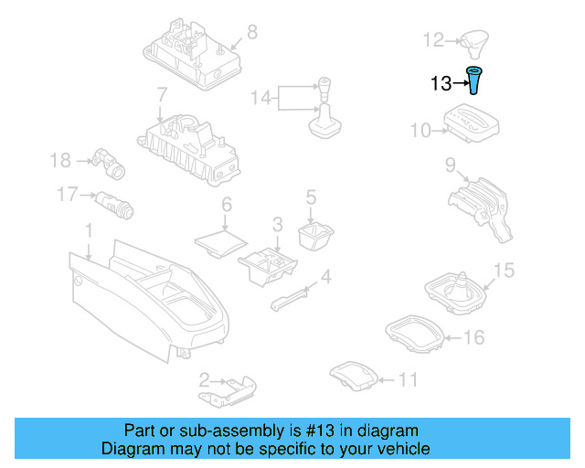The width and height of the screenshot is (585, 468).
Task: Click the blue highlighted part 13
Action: tap(473, 80)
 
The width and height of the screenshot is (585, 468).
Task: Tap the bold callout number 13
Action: tap(441, 83)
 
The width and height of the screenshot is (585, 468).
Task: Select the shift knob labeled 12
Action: tap(474, 44)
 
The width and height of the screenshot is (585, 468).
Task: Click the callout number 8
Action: tap(252, 32)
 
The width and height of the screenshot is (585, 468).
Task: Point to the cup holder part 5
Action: tap(316, 236)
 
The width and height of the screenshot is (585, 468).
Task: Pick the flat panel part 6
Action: tap(221, 243)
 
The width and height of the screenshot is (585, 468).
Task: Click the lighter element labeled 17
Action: tap(114, 205)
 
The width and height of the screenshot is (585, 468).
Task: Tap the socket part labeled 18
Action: tap(109, 163)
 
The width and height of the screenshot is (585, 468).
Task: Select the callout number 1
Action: tap(89, 230)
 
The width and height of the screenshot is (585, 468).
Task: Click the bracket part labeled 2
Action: tap(228, 391)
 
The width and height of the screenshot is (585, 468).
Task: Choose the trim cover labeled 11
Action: tap(354, 376)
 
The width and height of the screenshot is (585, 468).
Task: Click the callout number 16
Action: tap(473, 337)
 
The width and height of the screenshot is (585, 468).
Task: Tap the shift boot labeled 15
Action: tap(455, 293)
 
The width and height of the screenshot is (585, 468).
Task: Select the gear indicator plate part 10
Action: tap(472, 123)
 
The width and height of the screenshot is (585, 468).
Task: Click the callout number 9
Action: tap(451, 165)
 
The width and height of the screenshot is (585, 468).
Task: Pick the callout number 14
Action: tap(261, 98)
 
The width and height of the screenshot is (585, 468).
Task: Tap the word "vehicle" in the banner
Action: tap(405, 449)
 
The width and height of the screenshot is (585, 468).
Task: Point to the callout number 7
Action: tap(162, 95)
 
